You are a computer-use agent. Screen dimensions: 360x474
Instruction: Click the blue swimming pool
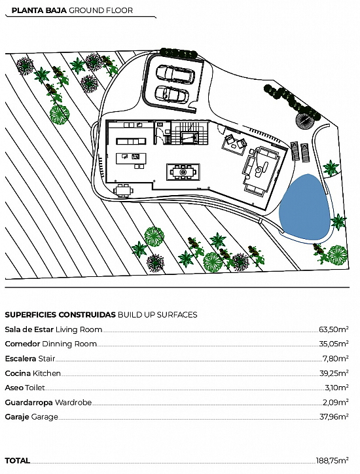click(x=304, y=207)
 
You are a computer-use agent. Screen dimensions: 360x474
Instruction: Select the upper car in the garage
click(x=175, y=74)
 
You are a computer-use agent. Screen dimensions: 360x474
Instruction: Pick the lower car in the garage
click(x=171, y=94)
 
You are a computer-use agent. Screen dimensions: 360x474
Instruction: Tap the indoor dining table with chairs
click(x=183, y=172)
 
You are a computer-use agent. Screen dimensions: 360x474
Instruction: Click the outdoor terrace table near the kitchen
click(x=123, y=191)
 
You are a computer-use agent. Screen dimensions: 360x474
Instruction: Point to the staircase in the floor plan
click(x=190, y=132)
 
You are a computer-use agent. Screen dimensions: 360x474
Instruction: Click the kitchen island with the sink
click(x=131, y=158)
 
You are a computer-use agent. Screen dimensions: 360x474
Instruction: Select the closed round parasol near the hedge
click(x=304, y=120)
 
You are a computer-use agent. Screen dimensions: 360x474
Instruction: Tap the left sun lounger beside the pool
click(x=295, y=151)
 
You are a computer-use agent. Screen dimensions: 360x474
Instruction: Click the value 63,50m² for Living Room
click(x=333, y=329)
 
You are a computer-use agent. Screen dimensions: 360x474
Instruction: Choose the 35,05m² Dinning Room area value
click(x=333, y=344)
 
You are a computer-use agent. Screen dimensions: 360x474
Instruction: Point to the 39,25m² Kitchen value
click(x=334, y=373)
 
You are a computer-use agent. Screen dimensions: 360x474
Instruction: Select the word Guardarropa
click(x=29, y=403)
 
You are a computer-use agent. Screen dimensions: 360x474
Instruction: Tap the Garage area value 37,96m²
click(x=334, y=417)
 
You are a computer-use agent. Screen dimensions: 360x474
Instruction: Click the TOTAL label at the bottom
click(x=18, y=461)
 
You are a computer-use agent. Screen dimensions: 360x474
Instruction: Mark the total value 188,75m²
click(x=333, y=461)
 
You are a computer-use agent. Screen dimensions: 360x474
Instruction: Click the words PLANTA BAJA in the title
click(x=39, y=10)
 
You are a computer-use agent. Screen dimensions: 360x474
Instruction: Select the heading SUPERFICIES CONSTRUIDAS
click(x=60, y=315)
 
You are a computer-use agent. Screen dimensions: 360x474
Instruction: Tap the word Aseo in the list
click(x=14, y=388)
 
